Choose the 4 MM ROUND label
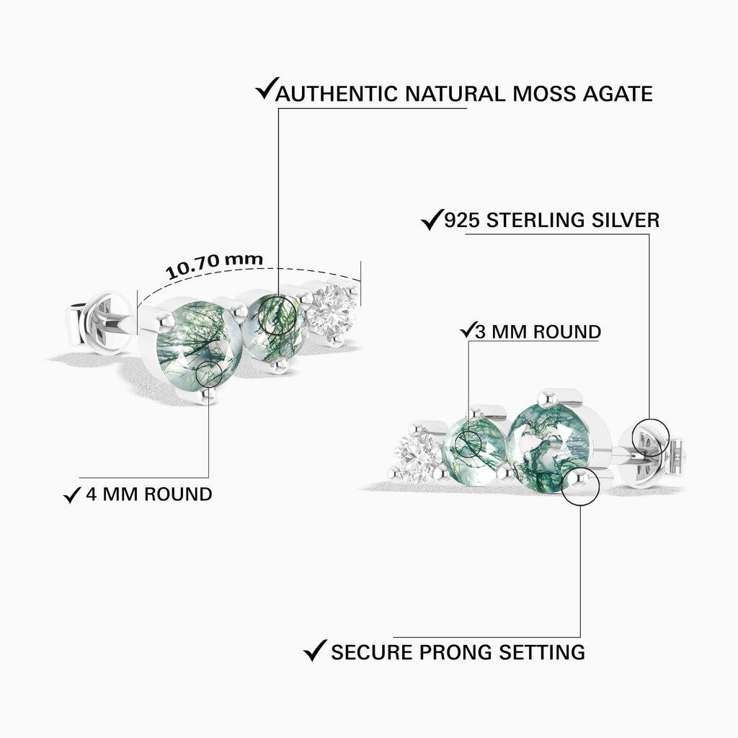[148, 494]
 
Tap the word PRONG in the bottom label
[458, 652]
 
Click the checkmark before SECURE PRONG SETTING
[314, 651]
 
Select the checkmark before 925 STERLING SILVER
[431, 219]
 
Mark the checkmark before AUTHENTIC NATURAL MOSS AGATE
[265, 92]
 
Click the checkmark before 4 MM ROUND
[71, 494]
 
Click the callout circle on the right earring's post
[649, 438]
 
